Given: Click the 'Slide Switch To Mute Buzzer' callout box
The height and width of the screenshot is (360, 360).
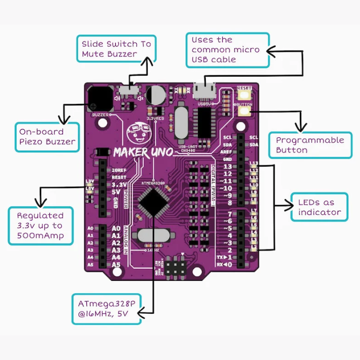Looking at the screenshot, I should (x=116, y=49).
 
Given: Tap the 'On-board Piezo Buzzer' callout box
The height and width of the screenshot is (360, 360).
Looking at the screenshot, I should (x=46, y=136).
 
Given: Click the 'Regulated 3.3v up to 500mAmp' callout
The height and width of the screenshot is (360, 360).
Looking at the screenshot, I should (x=39, y=225).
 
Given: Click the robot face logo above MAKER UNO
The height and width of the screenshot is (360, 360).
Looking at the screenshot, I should (x=137, y=133).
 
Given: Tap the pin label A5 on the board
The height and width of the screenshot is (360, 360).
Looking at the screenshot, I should (x=117, y=265).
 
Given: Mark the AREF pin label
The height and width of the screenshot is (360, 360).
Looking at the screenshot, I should (x=227, y=152).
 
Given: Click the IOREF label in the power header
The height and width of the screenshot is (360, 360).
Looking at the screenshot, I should (x=119, y=170).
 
